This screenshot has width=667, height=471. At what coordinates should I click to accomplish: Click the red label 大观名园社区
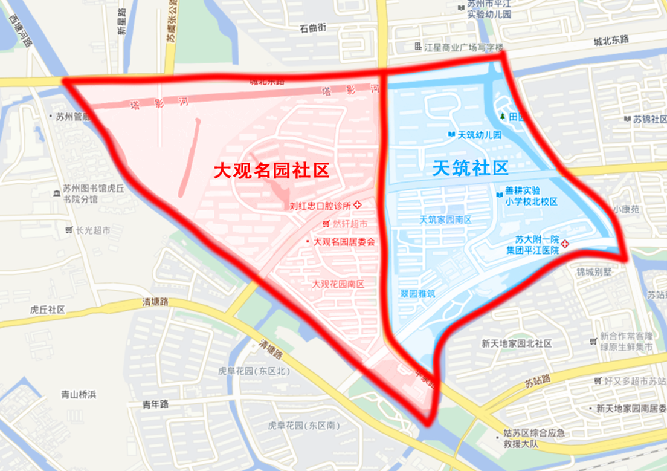point(272,171)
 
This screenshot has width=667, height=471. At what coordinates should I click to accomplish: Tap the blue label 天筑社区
point(471,168)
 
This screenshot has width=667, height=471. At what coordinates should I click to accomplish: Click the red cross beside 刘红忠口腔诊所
point(358,205)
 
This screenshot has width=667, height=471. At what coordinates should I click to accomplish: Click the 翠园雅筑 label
point(417,293)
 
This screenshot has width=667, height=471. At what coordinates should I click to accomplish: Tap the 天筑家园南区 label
point(445,219)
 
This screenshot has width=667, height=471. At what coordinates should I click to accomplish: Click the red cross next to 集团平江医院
point(565,244)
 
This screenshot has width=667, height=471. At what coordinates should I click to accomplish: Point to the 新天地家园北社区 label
point(517,343)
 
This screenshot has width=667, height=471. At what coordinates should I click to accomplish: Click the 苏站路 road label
point(537,382)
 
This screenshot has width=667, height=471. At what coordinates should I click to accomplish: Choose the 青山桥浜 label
point(79,395)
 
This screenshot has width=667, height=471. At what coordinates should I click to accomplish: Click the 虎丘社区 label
point(47,309)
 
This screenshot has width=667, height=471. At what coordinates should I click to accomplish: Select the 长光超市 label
point(92,230)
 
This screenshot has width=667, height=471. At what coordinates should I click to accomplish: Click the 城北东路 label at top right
point(611,39)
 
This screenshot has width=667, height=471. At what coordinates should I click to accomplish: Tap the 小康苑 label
point(626,209)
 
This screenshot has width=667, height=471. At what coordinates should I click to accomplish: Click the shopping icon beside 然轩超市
point(326,224)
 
